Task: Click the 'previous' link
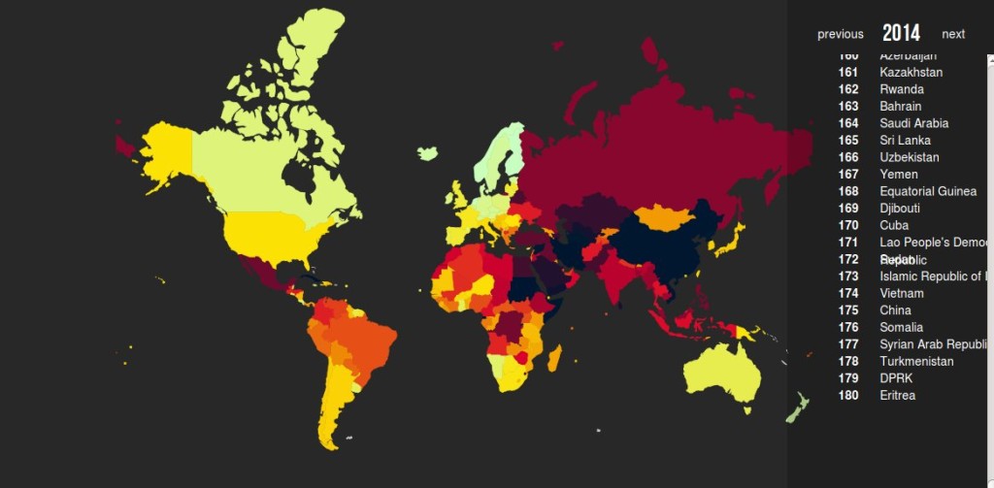point(840,34)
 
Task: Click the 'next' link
point(953,34)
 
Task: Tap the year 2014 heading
point(901,33)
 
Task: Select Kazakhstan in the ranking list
point(911,73)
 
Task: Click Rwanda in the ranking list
point(902,89)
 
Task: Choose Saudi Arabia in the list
point(913,123)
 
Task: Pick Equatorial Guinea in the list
point(927,191)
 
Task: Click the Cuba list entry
point(894,225)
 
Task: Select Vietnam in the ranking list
point(902,293)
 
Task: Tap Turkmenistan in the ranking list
point(916,361)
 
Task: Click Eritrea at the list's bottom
point(897,395)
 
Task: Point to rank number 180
point(847,395)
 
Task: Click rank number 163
point(847,106)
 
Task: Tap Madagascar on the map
point(554,358)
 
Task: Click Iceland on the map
point(427,153)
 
